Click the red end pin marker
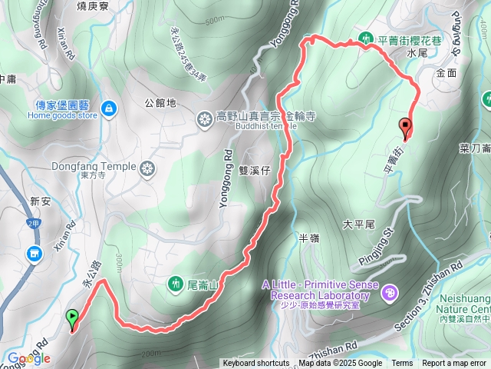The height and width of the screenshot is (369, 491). [405, 126]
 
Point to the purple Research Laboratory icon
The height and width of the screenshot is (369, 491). [390, 291]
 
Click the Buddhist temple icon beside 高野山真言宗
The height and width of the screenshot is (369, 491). [205, 118]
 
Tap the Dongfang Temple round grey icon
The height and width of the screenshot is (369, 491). [148, 167]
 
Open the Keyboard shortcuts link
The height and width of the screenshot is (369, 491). [255, 364]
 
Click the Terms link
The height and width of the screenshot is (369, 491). [402, 364]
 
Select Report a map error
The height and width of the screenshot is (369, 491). [454, 364]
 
